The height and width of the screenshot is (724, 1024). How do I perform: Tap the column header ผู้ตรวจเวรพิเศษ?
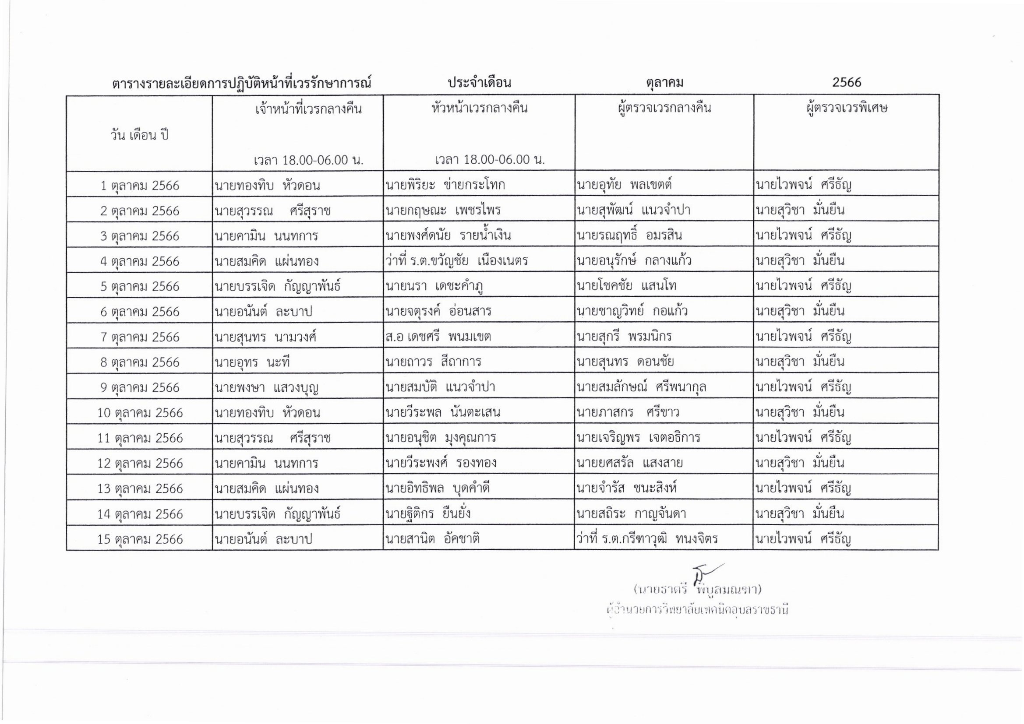(x=847, y=108)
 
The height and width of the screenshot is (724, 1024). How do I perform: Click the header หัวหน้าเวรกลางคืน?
(x=480, y=108)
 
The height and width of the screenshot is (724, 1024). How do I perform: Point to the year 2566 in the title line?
(x=847, y=82)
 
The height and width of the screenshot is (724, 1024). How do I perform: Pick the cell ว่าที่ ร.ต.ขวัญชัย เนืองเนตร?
(x=457, y=261)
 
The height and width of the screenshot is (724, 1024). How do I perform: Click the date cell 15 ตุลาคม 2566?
(x=140, y=539)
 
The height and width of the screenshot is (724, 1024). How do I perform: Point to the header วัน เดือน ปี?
(x=140, y=135)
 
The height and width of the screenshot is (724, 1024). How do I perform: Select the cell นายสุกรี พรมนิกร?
(x=624, y=337)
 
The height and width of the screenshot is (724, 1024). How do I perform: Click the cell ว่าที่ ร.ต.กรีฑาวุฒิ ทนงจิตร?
(x=647, y=539)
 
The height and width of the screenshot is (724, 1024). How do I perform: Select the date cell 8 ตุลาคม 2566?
(x=140, y=362)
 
